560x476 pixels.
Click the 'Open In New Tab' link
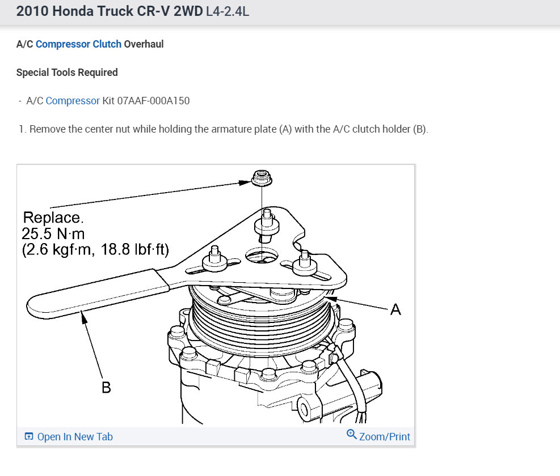(75, 437)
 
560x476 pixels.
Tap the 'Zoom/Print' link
(385, 437)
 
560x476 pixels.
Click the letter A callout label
(395, 309)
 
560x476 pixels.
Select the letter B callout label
(106, 388)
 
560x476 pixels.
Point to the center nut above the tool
(262, 178)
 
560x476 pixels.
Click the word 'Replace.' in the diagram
(53, 217)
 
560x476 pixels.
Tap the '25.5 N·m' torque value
(53, 233)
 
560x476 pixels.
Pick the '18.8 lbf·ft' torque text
(134, 249)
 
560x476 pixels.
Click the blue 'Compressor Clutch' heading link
(78, 44)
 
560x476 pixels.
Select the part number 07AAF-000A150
(153, 101)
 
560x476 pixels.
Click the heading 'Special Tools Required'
(67, 73)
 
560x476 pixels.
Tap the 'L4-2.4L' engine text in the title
(228, 11)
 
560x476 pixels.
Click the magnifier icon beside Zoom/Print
(351, 434)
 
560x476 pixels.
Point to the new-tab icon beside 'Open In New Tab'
(28, 436)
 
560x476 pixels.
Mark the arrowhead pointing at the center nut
(245, 182)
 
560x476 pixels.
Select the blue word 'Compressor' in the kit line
(73, 101)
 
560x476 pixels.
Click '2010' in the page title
(32, 11)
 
